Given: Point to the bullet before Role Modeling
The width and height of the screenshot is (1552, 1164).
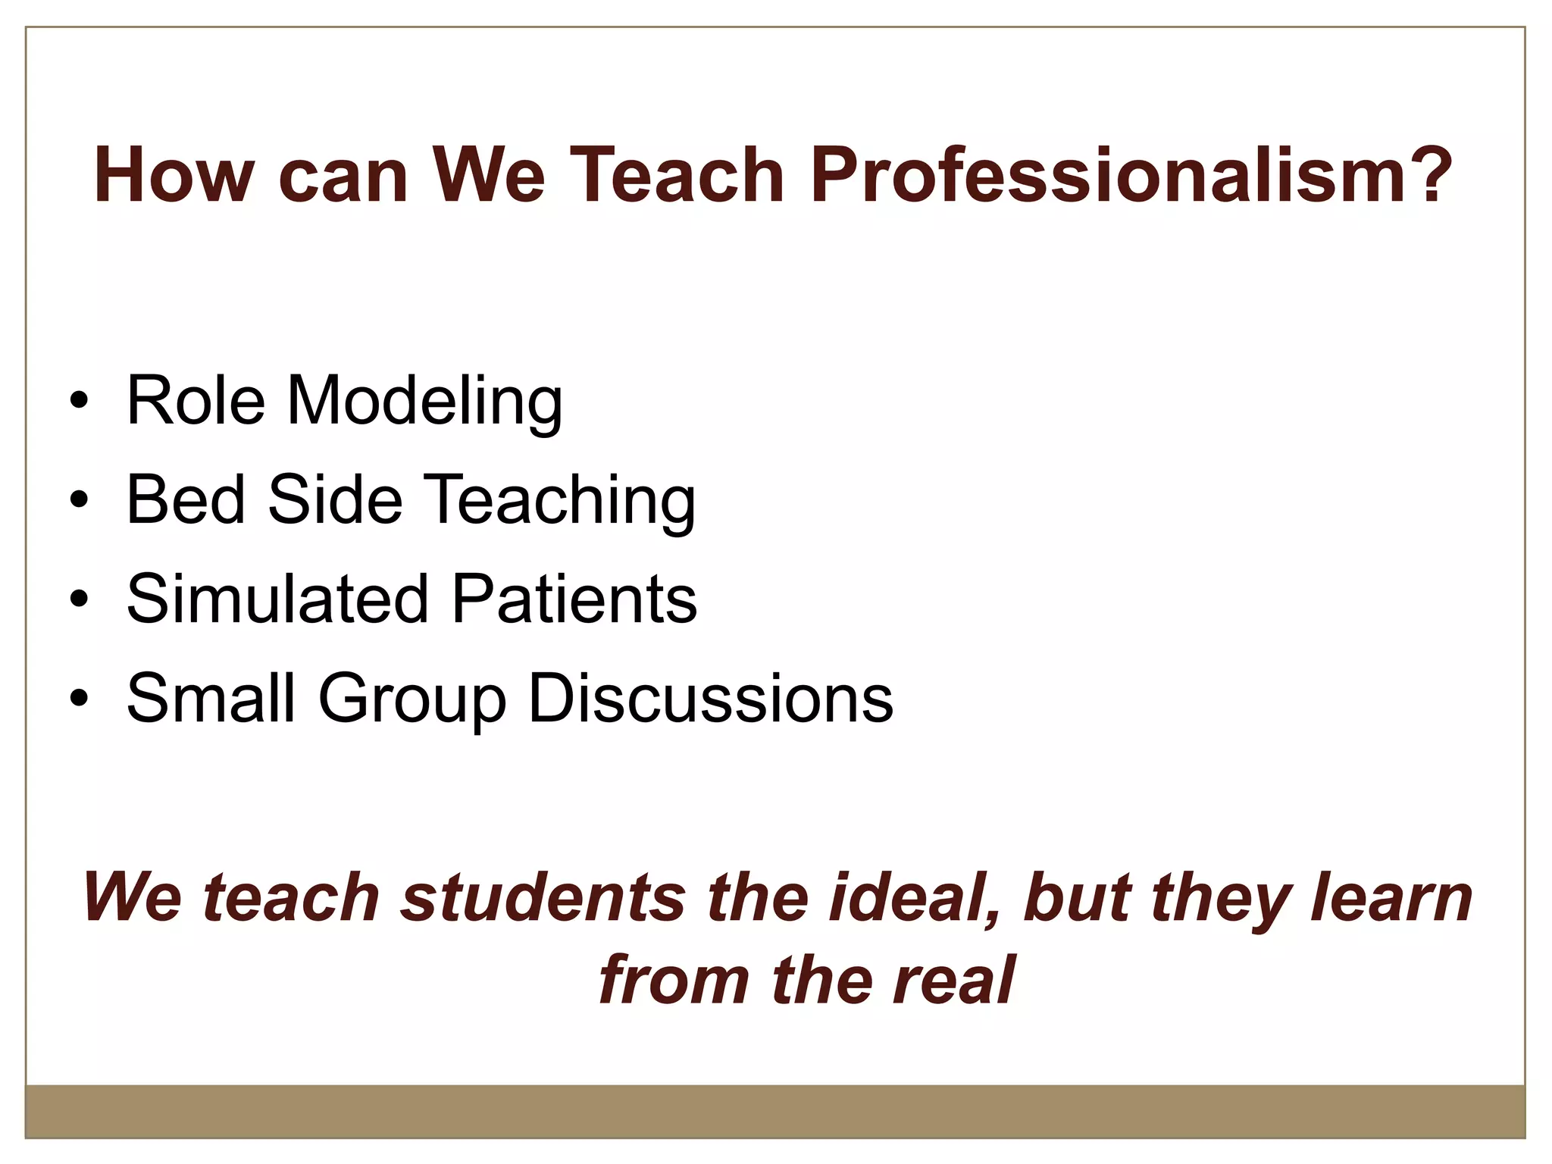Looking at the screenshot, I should click(79, 402).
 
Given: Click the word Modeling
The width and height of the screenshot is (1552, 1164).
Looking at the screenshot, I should click(424, 402).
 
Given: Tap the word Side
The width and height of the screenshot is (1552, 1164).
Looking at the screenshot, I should click(334, 499).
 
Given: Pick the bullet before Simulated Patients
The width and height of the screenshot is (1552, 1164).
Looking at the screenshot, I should click(79, 599).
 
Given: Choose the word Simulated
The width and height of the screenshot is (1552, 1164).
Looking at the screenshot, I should click(277, 599).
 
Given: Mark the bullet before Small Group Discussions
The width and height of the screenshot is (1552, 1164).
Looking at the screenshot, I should click(79, 698).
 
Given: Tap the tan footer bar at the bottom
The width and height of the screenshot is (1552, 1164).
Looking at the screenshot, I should click(774, 1110).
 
